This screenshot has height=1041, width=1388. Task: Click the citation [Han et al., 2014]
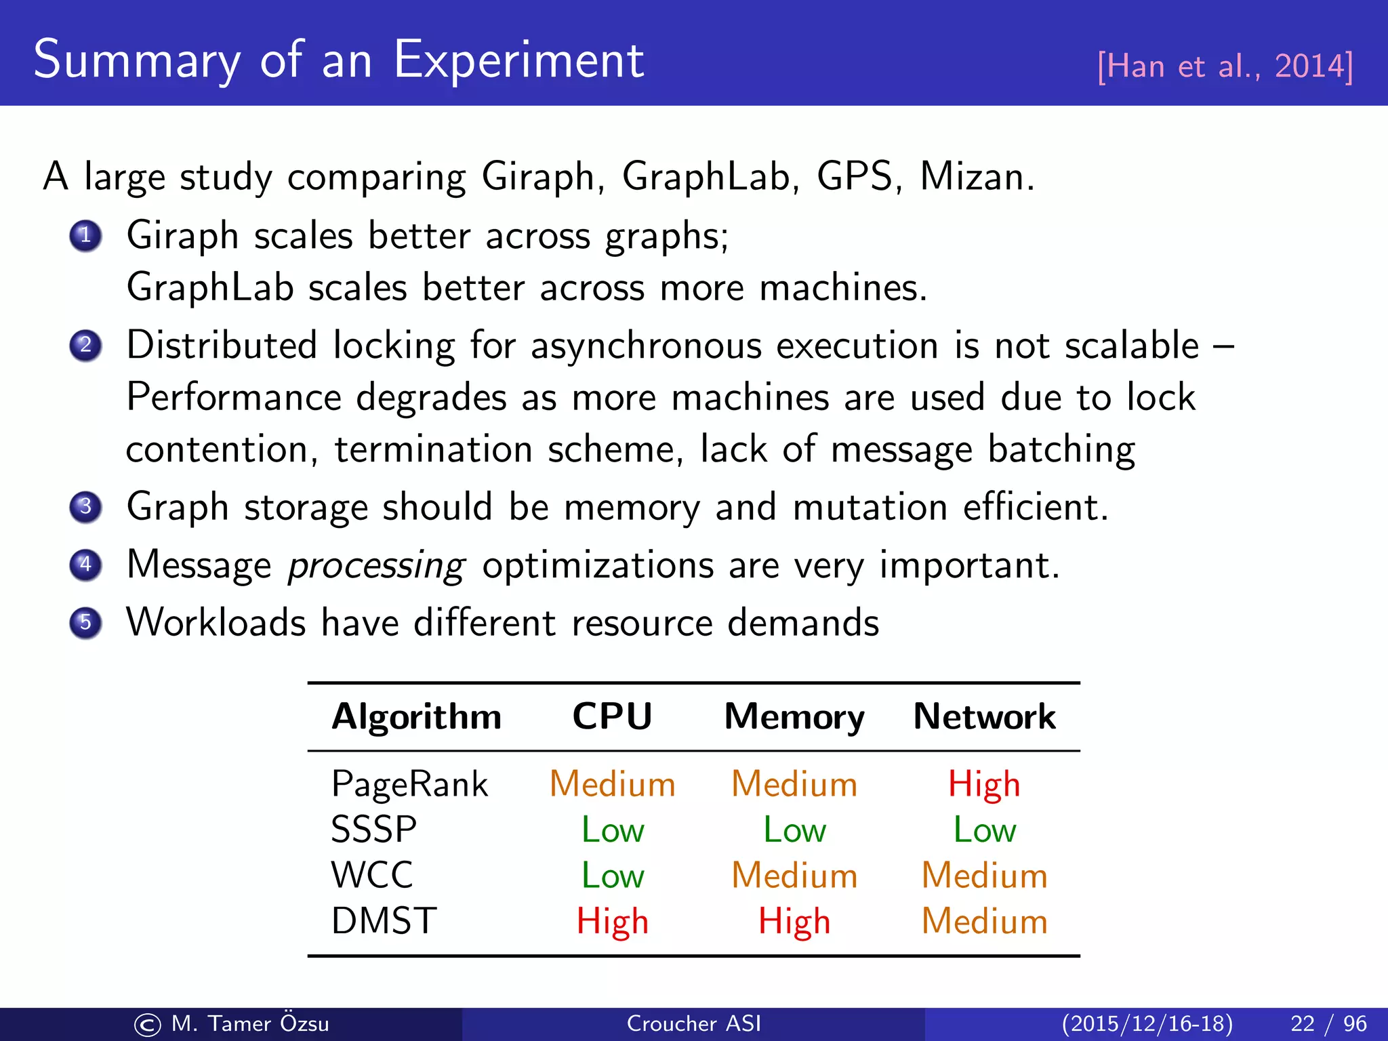1225,66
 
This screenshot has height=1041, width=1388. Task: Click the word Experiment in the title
518,61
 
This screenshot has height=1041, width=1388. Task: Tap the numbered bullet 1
85,236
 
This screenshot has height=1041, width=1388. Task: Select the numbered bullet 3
85,507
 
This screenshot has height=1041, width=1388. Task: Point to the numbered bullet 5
85,622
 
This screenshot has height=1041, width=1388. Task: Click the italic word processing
376,565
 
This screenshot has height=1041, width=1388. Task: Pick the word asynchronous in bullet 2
646,346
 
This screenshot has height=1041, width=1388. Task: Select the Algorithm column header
416,716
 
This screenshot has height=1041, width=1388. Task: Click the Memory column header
794,716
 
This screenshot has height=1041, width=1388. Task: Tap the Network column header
984,716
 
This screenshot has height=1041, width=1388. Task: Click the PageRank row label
409,784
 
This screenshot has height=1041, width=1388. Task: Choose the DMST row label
384,921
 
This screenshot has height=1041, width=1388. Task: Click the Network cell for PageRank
984,784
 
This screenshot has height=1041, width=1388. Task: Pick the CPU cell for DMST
612,921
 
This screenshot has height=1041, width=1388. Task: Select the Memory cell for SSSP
794,830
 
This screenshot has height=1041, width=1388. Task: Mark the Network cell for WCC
984,875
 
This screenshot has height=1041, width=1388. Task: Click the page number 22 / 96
1328,1023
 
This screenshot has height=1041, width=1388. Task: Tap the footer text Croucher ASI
693,1023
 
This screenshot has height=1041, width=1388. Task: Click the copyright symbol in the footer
148,1025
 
